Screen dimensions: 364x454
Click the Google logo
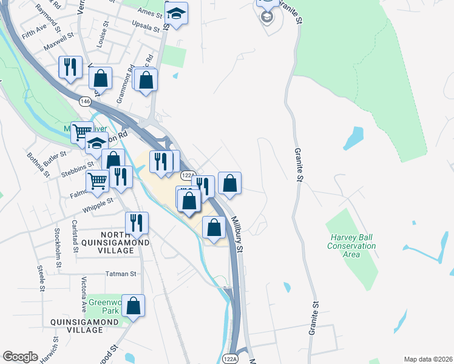click(20, 356)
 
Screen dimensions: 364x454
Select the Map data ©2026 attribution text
click(428, 359)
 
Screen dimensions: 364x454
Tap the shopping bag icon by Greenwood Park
click(134, 306)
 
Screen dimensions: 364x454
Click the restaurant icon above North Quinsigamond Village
click(137, 223)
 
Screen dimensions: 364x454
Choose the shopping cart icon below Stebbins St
click(97, 180)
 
